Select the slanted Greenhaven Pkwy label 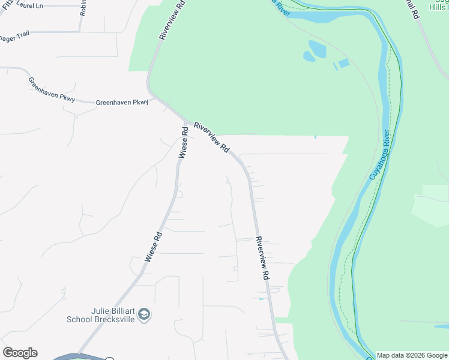[x=52, y=89]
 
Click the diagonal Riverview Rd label [x=212, y=137]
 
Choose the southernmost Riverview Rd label [x=262, y=258]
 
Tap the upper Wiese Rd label [x=184, y=143]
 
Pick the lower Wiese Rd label [x=154, y=247]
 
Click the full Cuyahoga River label [x=379, y=155]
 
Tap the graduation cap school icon [x=144, y=314]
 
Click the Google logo [x=20, y=353]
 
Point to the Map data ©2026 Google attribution [x=412, y=355]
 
